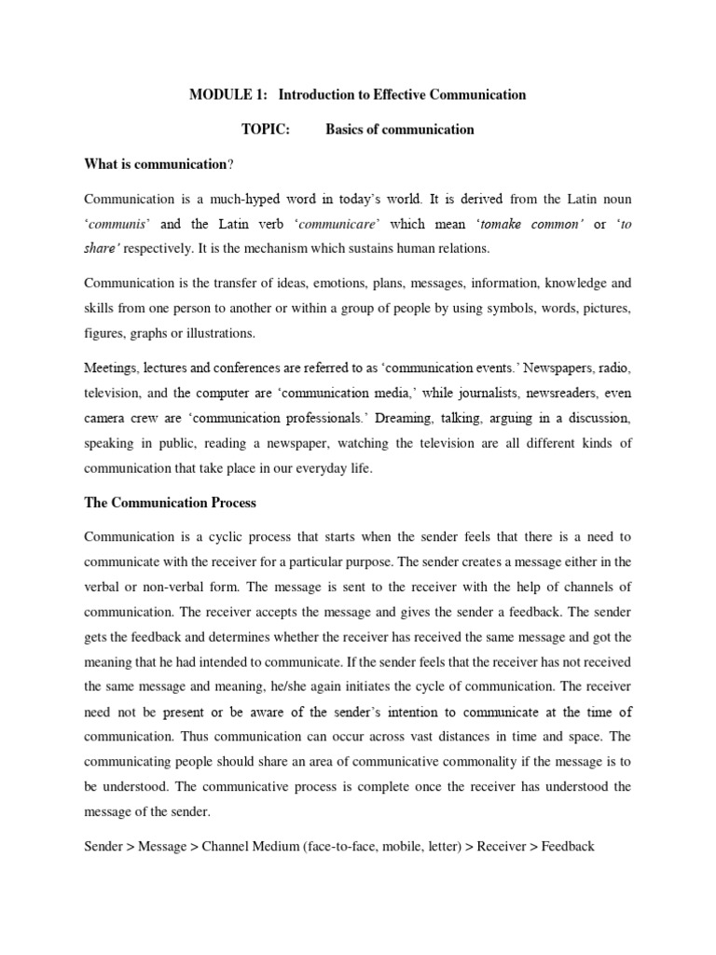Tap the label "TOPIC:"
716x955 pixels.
click(266, 130)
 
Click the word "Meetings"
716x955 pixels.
click(112, 368)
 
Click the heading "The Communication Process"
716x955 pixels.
click(170, 503)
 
